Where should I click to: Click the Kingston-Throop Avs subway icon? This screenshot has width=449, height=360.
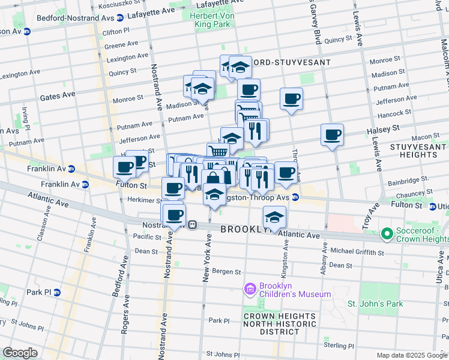[295, 197]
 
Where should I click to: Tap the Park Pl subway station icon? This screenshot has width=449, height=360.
[57, 292]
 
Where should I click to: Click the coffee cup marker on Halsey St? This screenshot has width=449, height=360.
[332, 135]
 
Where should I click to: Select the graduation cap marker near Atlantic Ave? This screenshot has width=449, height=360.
[274, 217]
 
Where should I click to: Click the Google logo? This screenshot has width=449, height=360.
[20, 352]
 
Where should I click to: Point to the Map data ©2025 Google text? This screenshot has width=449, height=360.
[412, 355]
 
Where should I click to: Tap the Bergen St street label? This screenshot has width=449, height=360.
[228, 272]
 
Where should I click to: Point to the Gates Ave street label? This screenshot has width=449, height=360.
[58, 95]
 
